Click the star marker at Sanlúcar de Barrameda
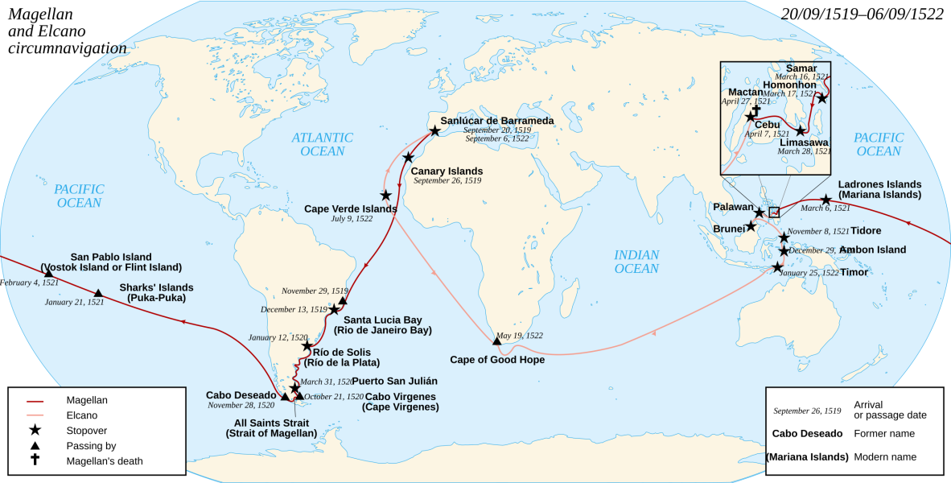point(434,130)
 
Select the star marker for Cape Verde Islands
point(386,195)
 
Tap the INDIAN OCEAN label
point(636,262)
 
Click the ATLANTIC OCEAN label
point(323,144)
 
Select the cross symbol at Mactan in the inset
point(755,109)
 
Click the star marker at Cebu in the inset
point(751,117)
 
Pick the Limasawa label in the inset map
point(805,142)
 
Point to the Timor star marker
point(777,267)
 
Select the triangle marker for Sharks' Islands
point(98,293)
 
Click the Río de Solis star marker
point(307,345)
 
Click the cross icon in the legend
point(35,460)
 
